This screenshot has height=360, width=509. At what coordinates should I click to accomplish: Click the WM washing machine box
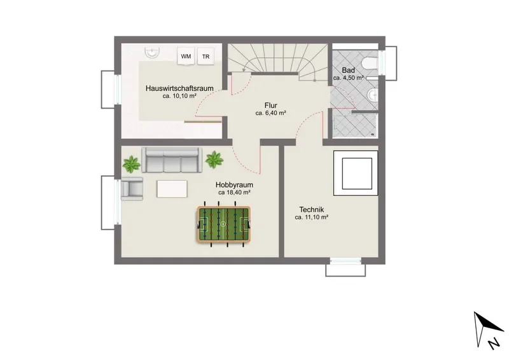coord(186,56)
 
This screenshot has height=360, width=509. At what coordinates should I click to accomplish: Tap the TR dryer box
coord(206,56)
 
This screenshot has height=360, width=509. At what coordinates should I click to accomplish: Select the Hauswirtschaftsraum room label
coord(179,88)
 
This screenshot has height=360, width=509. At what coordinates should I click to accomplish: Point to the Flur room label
coord(271,106)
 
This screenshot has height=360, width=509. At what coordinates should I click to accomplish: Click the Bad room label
coord(348,70)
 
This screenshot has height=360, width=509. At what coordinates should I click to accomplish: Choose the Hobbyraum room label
coord(234,184)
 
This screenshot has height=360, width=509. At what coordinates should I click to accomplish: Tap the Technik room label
coord(312,209)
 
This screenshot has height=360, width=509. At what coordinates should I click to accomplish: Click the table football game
coord(223,224)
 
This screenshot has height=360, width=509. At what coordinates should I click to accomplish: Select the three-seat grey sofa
coord(172,160)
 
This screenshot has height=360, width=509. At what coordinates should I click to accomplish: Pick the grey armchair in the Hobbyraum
coord(132,189)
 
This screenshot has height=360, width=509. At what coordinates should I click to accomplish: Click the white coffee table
coord(172,189)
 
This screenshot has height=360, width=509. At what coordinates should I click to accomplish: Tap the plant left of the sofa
coord(132,164)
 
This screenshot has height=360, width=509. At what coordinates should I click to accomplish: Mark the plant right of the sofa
coord(214,160)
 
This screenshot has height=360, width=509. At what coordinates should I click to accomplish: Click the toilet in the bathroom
coord(370,64)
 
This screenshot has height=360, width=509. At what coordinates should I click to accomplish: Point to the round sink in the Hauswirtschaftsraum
coord(152,52)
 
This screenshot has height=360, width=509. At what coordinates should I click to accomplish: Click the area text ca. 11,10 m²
coord(312,218)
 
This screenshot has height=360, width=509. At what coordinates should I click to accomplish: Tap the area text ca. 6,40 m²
coord(271,113)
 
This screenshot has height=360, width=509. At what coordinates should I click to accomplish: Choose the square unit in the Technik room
coord(356,173)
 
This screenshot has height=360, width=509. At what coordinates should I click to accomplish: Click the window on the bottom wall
coord(345,261)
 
